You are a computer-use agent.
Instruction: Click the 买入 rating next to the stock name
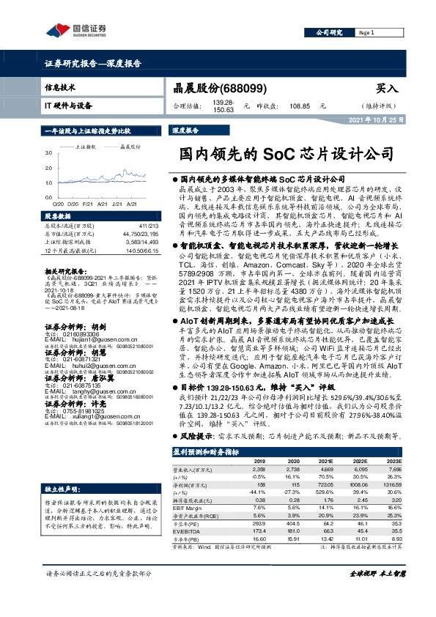[386, 89]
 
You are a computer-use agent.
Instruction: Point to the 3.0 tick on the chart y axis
[48, 152]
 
